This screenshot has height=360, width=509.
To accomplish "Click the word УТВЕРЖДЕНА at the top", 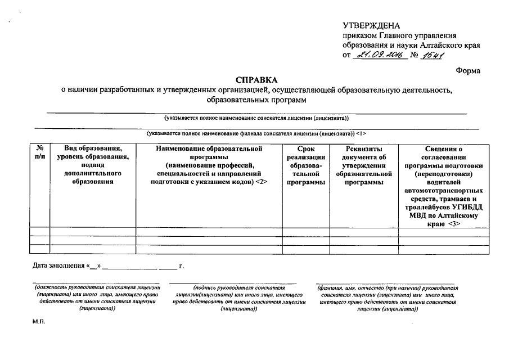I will tap(371, 26).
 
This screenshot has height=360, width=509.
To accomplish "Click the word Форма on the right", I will tap(468, 70).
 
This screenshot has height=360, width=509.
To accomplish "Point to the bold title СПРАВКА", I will tap(256, 80).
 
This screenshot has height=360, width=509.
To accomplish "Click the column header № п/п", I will tap(40, 153).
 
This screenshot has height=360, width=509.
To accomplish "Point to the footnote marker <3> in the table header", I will tap(454, 223).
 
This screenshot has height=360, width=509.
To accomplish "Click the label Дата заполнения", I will tap(57, 265).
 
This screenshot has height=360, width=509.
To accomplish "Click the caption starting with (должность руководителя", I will tap(97, 298).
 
